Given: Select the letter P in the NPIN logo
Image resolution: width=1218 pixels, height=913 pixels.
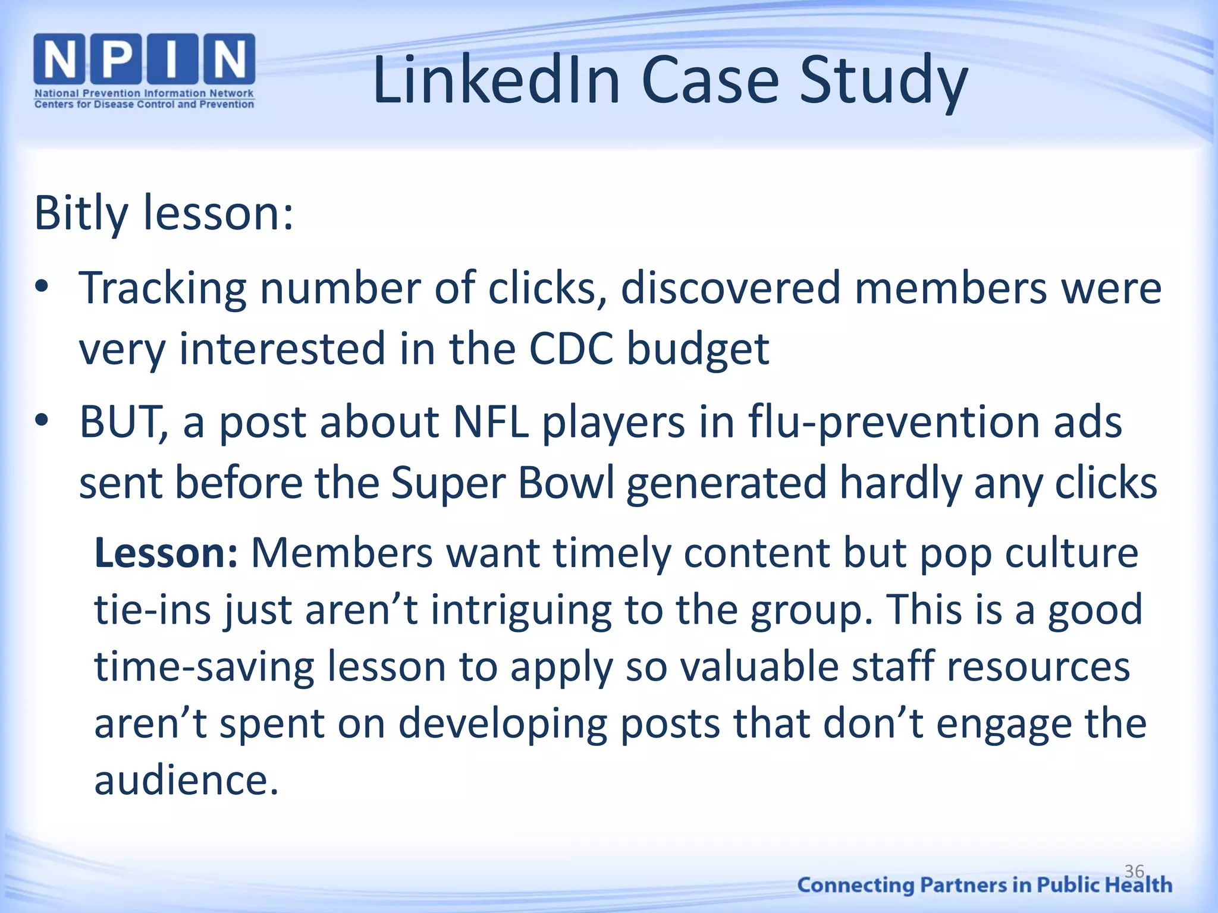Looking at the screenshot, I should point(117,58).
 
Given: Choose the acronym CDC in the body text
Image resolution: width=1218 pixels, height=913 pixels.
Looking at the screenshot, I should point(571,349).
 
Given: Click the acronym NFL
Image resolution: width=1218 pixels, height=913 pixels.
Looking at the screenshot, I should point(491,421).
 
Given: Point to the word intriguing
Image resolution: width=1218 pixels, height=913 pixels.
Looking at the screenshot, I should point(521,611).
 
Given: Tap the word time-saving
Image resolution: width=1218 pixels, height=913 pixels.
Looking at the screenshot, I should point(204,666).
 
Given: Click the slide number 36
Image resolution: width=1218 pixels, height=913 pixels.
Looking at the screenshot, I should point(1134,871).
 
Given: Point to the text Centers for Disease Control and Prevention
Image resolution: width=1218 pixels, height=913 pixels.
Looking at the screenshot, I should point(144,105).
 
